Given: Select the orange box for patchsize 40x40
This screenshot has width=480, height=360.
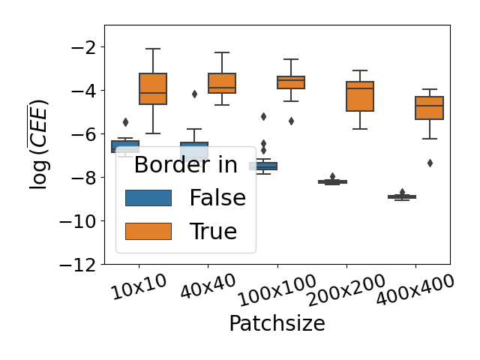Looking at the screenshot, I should tap(222, 83).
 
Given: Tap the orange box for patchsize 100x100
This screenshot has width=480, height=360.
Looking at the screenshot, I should tap(291, 82).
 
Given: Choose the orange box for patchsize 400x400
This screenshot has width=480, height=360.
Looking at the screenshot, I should tap(430, 108).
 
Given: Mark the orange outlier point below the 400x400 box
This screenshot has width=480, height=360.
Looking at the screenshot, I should tap(430, 163).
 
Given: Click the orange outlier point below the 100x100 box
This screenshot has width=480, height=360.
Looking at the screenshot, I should tap(291, 121).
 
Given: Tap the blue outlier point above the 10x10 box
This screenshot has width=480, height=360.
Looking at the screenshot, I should tap(125, 121).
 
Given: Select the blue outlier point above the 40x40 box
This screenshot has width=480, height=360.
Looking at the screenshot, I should tap(195, 94).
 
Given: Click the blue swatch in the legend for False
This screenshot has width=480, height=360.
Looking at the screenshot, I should tap(148, 198).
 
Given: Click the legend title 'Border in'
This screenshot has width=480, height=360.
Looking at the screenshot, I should tap(185, 165).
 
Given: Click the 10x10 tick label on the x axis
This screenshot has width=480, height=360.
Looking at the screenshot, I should tap(138, 289).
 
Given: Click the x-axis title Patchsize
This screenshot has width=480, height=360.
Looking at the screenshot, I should tap(277, 323).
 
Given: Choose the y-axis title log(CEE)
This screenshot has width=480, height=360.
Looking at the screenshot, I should tap(39, 144).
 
